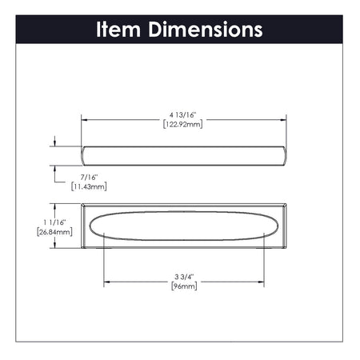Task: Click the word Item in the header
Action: click(x=120, y=30)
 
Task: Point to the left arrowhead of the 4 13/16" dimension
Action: click(x=86, y=118)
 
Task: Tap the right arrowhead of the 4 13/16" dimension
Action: click(x=287, y=118)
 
